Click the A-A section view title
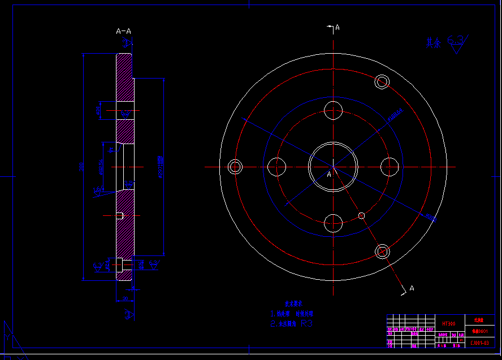coord(123,31)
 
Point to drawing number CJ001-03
coord(479,342)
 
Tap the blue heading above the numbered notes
coord(293,303)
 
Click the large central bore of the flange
coord(333,167)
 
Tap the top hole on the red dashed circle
coord(334,110)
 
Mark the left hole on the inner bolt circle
coord(277,167)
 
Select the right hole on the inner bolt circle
coord(390,167)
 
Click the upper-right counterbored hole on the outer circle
coord(383,82)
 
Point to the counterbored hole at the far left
coord(235,167)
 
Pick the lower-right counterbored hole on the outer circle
coord(383,251)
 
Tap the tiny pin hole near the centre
coord(362,215)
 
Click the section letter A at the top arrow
coord(337,27)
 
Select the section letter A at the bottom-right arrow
coord(412,288)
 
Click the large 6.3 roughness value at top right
coord(456,41)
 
